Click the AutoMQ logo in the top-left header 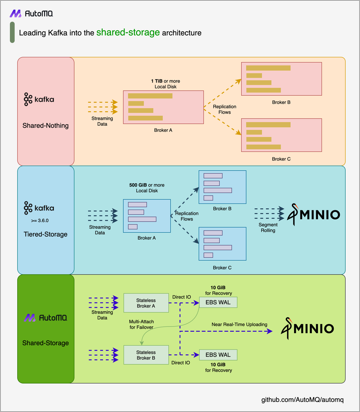31,13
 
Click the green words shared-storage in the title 128,32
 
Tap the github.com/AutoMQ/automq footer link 302,400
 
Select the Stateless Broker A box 146,303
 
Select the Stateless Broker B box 146,355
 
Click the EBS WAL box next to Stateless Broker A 218,303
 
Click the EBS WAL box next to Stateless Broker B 218,355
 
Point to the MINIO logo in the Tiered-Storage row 314,214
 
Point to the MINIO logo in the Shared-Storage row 307,328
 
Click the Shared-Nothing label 45,126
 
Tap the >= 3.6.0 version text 40,220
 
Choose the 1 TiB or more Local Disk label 166,84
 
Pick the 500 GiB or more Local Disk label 147,188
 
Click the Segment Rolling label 268,228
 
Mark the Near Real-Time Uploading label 239,324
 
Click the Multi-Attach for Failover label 141,324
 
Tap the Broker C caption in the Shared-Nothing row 281,159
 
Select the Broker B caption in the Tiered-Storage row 222,209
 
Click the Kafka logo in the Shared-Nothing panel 39,99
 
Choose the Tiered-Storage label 45,234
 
